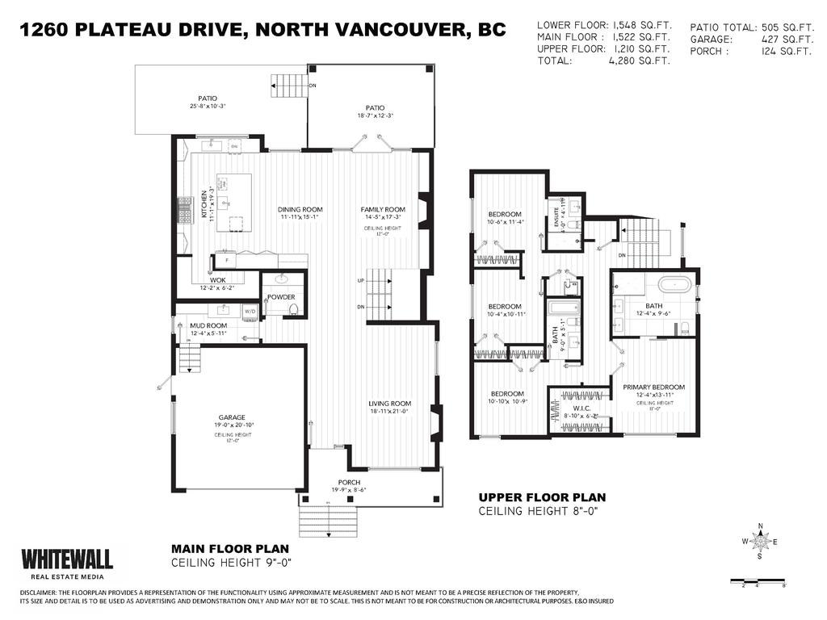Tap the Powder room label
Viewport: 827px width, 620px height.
(280, 297)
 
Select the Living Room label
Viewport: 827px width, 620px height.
(390, 404)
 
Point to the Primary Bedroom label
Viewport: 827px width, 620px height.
(653, 387)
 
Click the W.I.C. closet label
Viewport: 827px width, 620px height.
(581, 408)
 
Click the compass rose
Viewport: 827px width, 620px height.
(759, 542)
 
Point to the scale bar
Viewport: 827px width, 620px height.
(758, 581)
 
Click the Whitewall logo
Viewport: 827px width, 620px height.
(66, 559)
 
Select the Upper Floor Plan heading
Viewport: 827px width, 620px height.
(542, 497)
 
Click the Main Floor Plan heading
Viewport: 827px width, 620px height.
(231, 547)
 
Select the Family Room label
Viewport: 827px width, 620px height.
(383, 210)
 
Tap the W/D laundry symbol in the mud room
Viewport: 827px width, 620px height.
(250, 311)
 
